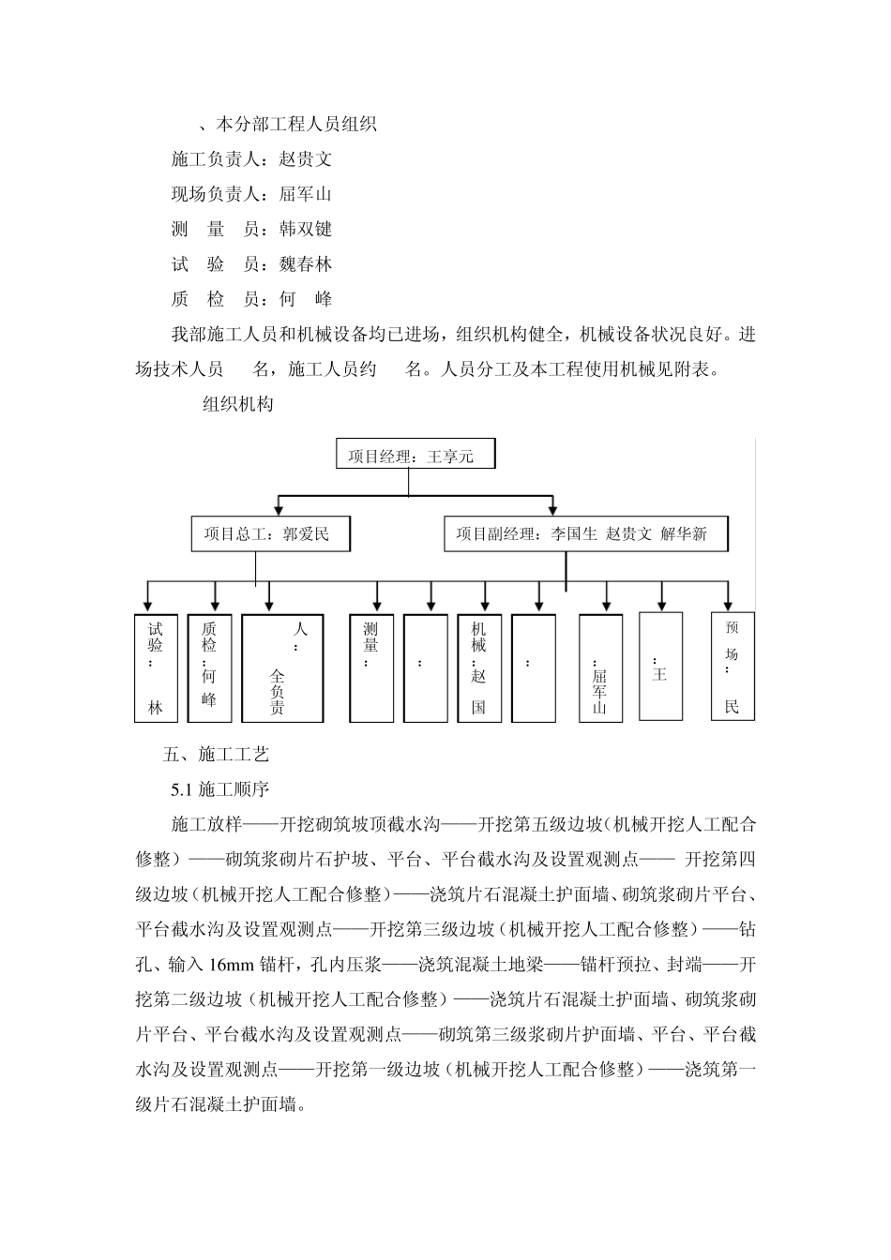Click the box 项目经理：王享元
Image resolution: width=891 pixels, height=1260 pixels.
coord(415,457)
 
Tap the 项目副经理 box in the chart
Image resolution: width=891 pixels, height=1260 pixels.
coord(585,534)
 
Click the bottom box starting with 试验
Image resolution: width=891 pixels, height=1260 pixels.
coord(156,667)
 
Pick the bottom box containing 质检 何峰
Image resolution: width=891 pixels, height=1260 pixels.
coord(209,667)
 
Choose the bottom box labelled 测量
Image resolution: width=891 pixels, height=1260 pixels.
coord(371,667)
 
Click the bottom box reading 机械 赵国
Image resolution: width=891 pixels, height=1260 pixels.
coord(479,667)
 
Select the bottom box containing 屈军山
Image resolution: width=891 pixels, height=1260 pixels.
coord(600,667)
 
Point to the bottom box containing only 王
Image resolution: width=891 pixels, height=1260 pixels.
coord(660,666)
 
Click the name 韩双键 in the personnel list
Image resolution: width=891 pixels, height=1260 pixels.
coord(306,230)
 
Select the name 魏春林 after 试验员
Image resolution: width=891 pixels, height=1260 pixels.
coord(306,264)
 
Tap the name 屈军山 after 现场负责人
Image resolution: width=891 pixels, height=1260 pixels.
coord(306,195)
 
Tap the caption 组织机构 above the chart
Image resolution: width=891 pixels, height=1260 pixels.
coord(238,405)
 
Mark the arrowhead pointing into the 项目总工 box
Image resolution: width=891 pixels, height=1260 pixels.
coord(277,509)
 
